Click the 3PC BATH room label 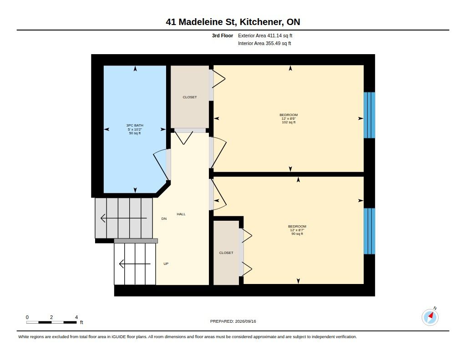click(x=135, y=126)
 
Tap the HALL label click(x=181, y=214)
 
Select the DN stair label click(x=164, y=219)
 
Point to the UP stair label click(x=166, y=264)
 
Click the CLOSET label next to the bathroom click(x=190, y=97)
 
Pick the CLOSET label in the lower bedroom click(x=226, y=253)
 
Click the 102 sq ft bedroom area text click(x=289, y=122)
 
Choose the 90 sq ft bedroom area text click(x=297, y=233)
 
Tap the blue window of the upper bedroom click(x=370, y=115)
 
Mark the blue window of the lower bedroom click(x=370, y=231)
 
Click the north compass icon click(x=430, y=317)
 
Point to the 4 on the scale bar click(x=76, y=317)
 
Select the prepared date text click(x=233, y=321)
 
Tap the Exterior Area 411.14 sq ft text click(x=265, y=35)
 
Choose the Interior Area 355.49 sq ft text click(x=264, y=43)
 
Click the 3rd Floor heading click(x=222, y=35)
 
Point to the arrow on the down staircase click(x=124, y=218)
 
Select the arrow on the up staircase click(x=135, y=264)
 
